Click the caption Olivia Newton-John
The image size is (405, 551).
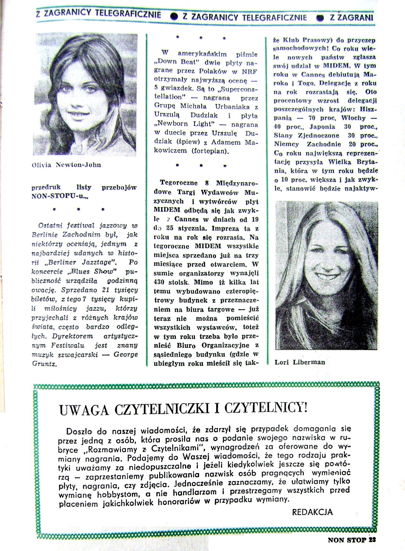(x=66, y=165)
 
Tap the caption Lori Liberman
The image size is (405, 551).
(x=300, y=362)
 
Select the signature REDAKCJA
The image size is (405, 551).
(x=312, y=512)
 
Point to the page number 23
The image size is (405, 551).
(x=372, y=540)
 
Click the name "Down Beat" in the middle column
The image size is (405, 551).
(x=173, y=62)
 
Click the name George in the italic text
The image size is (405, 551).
(x=126, y=354)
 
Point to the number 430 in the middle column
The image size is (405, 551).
(x=161, y=282)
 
